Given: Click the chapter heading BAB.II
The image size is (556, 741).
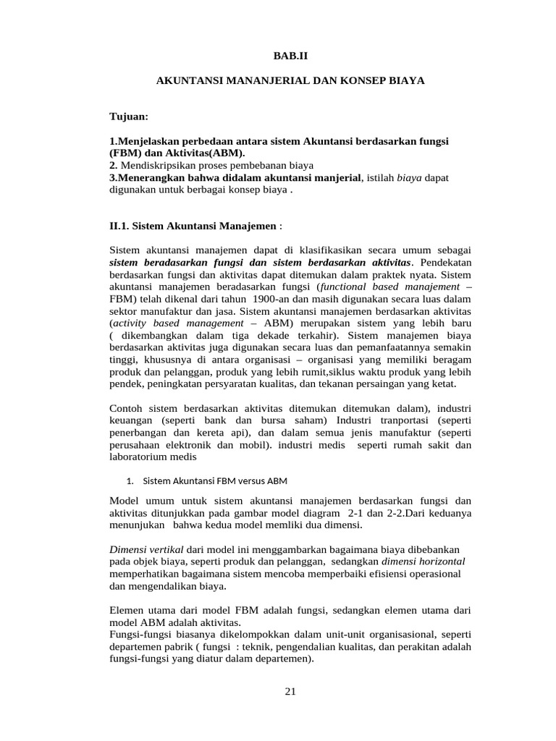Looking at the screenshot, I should pyautogui.click(x=290, y=54).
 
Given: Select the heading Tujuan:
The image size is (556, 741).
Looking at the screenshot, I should pyautogui.click(x=128, y=116).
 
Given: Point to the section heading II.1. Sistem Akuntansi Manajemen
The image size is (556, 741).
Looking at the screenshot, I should pyautogui.click(x=193, y=225).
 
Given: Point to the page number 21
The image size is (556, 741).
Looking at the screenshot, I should pyautogui.click(x=290, y=692).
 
